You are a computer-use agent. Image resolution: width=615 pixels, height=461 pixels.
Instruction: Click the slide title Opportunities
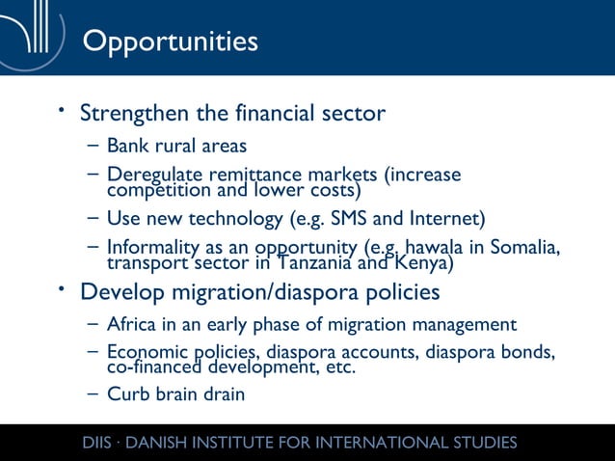click(170, 41)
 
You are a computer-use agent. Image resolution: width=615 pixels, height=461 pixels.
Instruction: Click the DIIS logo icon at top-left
click(35, 37)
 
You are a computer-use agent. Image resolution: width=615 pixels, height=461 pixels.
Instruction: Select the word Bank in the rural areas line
click(126, 147)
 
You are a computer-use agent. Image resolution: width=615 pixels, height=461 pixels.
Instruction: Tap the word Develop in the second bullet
click(121, 291)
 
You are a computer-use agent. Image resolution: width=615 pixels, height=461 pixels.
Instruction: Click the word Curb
click(126, 394)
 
